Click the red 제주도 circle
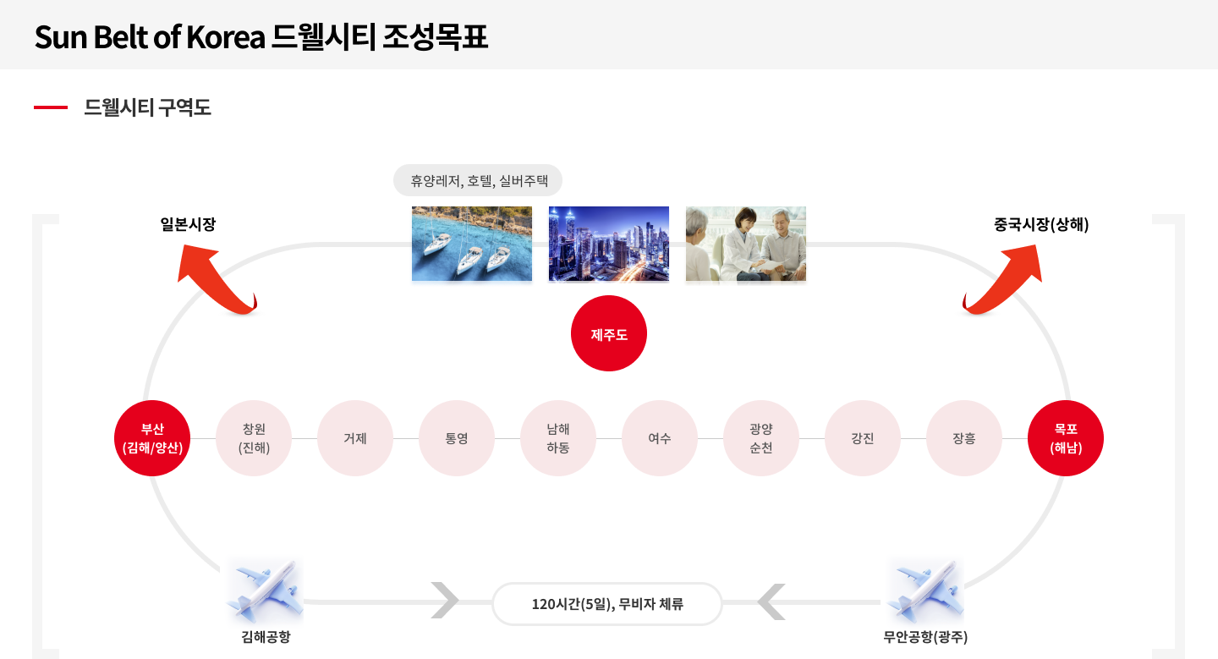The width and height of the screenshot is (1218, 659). coord(609,334)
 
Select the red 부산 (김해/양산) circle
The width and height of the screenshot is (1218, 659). coord(152,438)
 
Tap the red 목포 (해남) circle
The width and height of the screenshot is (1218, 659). coord(1066,438)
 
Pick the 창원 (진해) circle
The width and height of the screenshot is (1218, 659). coord(254,438)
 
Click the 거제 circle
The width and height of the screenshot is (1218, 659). coord(355,438)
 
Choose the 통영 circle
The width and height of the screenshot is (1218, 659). coord(457,438)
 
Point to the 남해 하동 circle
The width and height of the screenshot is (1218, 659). coord(558,438)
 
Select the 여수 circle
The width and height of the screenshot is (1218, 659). coord(660,438)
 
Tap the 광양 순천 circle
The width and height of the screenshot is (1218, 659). coord(761,438)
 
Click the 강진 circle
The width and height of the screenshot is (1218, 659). coord(863,438)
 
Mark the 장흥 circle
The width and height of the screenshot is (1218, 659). coord(964,438)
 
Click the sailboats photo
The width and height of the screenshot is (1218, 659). coord(472,246)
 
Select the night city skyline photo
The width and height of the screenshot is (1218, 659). coord(608,245)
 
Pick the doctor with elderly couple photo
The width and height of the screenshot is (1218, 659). coord(745,246)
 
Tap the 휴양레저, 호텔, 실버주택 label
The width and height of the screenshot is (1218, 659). coord(478,180)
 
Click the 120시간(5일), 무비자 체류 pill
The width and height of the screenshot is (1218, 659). coord(607,604)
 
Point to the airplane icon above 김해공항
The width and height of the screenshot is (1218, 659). coord(261,592)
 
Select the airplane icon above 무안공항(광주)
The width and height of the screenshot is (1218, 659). coord(922,592)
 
